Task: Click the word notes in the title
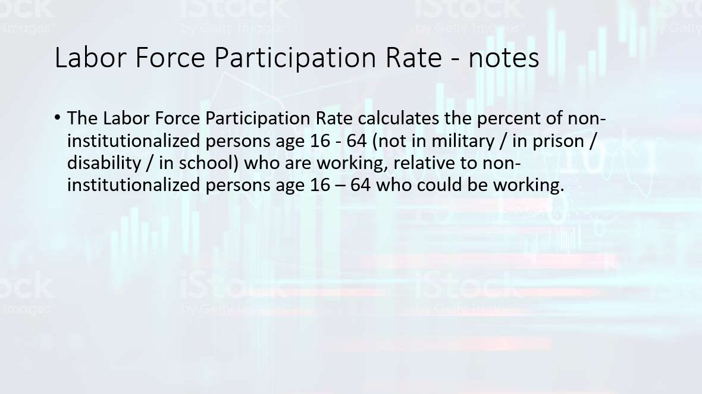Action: click(x=504, y=58)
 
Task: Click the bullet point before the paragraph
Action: click(x=57, y=118)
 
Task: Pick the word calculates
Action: click(x=399, y=118)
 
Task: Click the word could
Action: click(x=440, y=185)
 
